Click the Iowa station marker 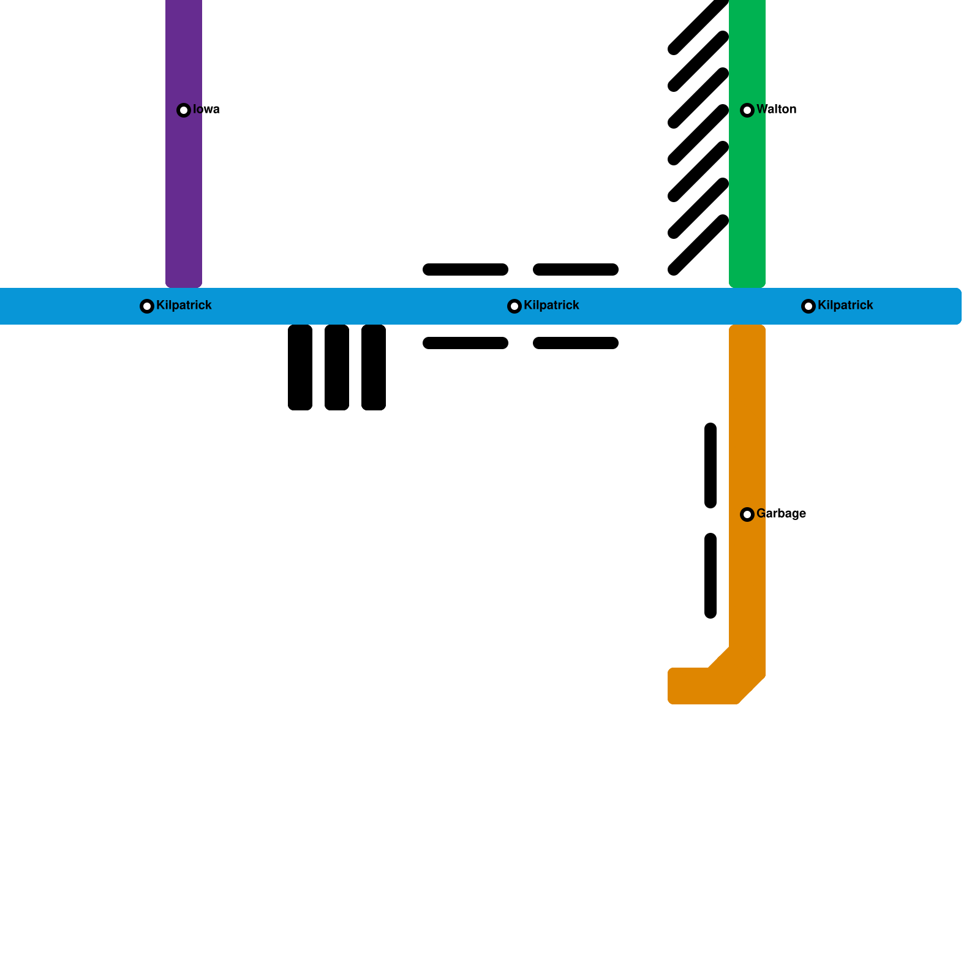184,110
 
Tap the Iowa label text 206,110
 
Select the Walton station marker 747,110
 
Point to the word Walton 777,110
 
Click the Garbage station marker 747,514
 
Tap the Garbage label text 781,514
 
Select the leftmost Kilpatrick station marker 147,306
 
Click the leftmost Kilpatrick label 184,306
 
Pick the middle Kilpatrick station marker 514,306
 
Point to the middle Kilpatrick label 551,306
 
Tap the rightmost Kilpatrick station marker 809,306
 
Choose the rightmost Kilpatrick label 845,306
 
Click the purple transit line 184,196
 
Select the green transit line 747,196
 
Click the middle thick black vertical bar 337,367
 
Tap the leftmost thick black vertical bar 300,367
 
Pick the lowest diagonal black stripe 698,245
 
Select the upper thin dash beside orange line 710,466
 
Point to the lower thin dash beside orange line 710,576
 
